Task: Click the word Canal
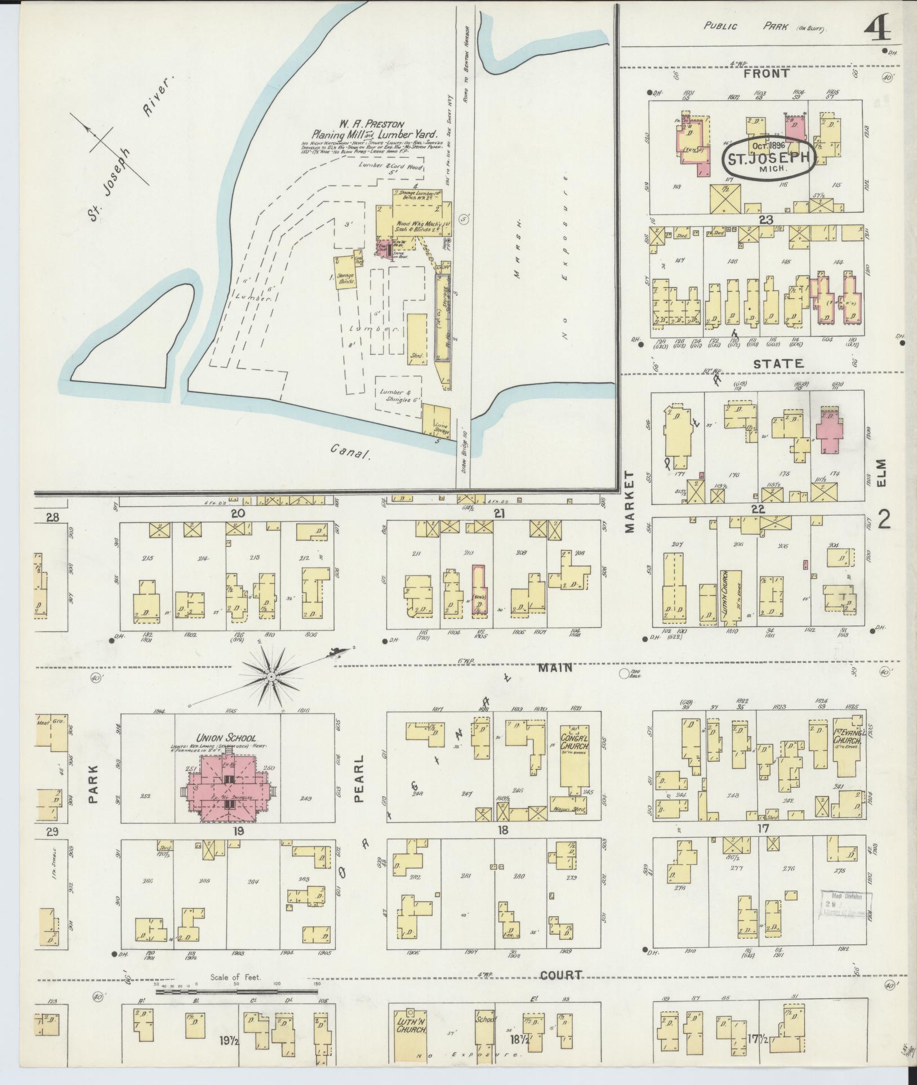(349, 451)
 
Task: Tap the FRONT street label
(766, 73)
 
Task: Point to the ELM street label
(882, 474)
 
